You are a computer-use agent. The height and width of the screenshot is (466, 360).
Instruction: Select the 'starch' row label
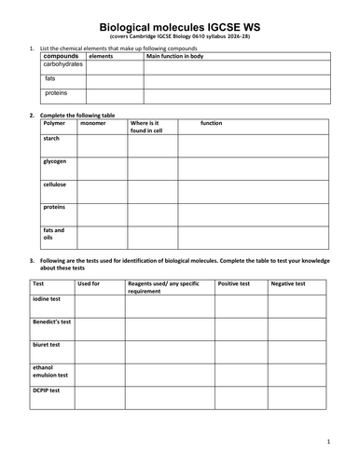point(52,138)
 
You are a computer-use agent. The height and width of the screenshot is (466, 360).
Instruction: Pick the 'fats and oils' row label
point(53,233)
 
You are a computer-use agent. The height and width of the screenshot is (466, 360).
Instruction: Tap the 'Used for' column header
point(90,282)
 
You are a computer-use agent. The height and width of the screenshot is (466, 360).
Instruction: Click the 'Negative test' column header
point(288,282)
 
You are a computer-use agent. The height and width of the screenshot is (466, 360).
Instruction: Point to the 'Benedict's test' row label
point(52,321)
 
